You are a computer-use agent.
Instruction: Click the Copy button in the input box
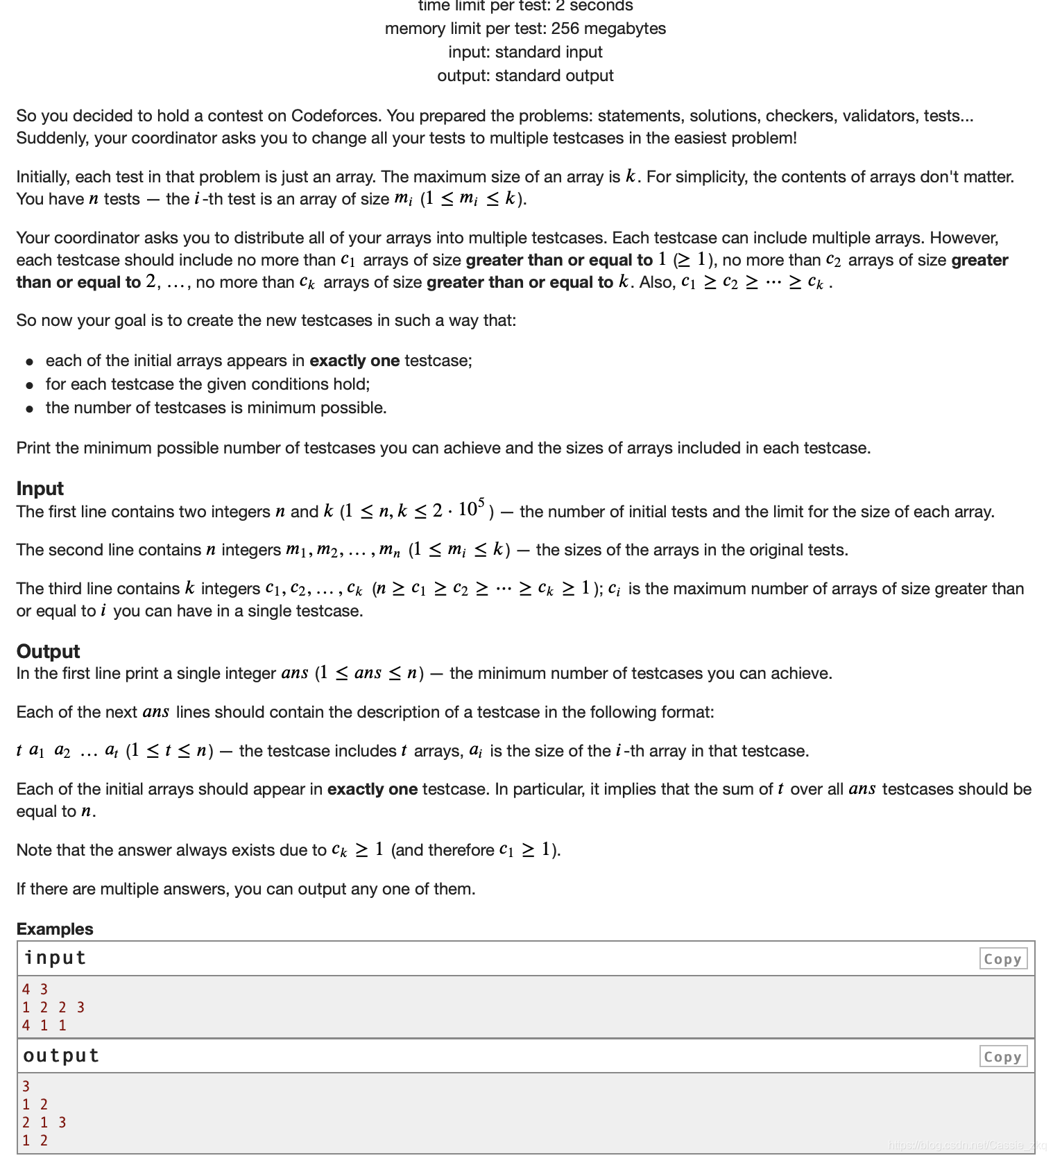[x=1002, y=959]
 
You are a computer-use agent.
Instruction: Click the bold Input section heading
[x=40, y=488]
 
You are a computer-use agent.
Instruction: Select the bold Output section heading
[x=48, y=651]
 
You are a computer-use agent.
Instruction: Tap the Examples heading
[x=55, y=928]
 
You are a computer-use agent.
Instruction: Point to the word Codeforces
[x=336, y=116]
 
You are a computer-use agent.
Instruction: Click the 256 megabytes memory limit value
[x=608, y=28]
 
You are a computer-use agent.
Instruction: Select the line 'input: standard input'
[x=525, y=52]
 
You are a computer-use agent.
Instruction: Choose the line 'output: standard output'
[x=525, y=76]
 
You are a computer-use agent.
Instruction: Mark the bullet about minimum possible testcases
[x=216, y=408]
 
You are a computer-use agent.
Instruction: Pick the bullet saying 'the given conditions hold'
[x=207, y=384]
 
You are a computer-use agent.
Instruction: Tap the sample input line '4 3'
[x=35, y=989]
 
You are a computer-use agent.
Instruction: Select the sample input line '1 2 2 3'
[x=53, y=1007]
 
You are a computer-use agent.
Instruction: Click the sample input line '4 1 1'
[x=44, y=1025]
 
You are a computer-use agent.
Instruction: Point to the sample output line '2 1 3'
[x=44, y=1122]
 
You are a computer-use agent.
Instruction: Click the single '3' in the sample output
[x=26, y=1086]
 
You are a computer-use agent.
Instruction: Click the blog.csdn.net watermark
[x=967, y=1145]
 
